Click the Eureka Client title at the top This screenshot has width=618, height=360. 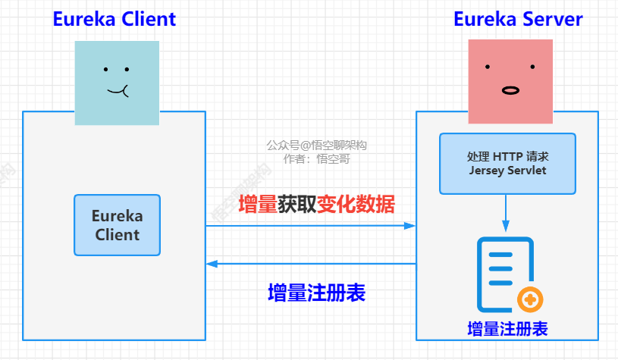(x=114, y=19)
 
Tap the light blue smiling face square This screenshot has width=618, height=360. (x=117, y=82)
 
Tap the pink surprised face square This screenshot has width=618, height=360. (x=510, y=81)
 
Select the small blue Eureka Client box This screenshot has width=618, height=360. (x=117, y=225)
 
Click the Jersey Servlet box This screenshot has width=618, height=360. (x=507, y=163)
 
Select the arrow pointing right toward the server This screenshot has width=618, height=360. (x=311, y=225)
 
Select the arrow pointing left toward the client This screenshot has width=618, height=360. (x=311, y=264)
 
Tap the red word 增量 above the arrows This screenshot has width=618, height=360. (x=258, y=204)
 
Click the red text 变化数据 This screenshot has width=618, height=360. (x=356, y=204)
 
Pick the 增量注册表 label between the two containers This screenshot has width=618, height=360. (x=317, y=293)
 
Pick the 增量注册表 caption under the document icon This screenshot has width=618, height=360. (x=507, y=329)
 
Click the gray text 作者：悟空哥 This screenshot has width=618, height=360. (x=316, y=159)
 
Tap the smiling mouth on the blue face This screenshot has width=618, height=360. (x=118, y=92)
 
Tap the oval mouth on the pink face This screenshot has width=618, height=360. (x=510, y=90)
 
